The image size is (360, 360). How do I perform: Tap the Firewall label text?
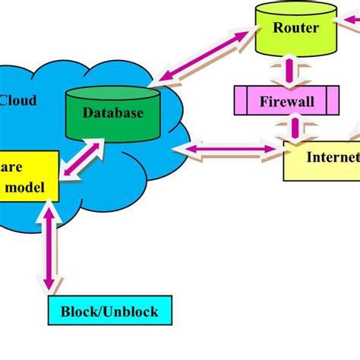(289, 100)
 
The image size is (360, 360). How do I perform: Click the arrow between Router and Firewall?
(289, 72)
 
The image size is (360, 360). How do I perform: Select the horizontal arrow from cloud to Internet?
(228, 150)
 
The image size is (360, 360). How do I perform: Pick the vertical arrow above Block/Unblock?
(49, 247)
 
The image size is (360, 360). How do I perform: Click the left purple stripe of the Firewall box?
(239, 100)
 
